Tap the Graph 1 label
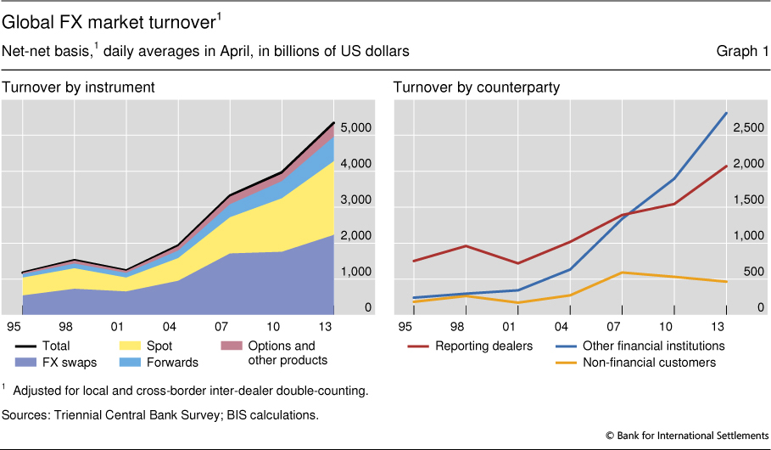(742, 52)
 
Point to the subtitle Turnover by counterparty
(475, 87)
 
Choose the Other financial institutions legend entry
(651, 346)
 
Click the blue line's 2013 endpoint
(727, 113)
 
